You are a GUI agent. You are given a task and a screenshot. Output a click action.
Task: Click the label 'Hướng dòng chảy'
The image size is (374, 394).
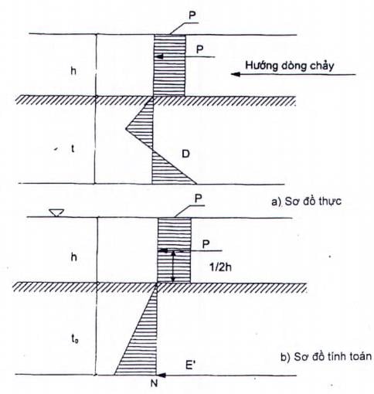(x=290, y=66)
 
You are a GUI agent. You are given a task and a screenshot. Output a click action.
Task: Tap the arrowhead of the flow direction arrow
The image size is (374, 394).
(x=236, y=74)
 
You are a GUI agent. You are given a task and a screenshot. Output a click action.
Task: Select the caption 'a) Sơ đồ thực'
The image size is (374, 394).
(x=306, y=202)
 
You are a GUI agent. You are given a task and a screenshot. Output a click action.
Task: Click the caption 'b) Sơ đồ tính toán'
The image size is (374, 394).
(x=326, y=357)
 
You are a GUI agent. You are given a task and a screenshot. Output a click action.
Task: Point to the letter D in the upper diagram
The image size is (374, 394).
(x=185, y=154)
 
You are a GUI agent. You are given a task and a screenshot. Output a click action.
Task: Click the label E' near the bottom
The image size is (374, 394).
(x=189, y=365)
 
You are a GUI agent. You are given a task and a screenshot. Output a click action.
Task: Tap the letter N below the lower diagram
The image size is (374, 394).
(x=154, y=384)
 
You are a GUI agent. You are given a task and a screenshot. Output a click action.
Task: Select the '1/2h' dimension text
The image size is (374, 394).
(x=220, y=267)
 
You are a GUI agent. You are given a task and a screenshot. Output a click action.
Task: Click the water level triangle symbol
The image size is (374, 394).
(x=56, y=213)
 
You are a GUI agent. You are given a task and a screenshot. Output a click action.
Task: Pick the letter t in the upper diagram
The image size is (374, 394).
(x=73, y=149)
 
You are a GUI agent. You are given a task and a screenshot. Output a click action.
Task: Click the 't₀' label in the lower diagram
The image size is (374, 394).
(x=75, y=339)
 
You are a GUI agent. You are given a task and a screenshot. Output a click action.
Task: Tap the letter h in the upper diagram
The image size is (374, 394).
(x=73, y=70)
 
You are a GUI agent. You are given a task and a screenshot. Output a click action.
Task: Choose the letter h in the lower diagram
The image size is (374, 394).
(x=74, y=257)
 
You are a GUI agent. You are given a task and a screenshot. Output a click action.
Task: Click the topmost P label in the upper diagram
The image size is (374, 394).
(x=192, y=15)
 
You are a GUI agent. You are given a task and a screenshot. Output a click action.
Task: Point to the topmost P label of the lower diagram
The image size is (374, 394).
(x=199, y=199)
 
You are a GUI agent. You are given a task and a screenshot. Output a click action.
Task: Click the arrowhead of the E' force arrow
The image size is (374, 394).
(x=161, y=375)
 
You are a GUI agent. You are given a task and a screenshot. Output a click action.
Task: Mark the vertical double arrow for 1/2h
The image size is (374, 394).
(x=174, y=267)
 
